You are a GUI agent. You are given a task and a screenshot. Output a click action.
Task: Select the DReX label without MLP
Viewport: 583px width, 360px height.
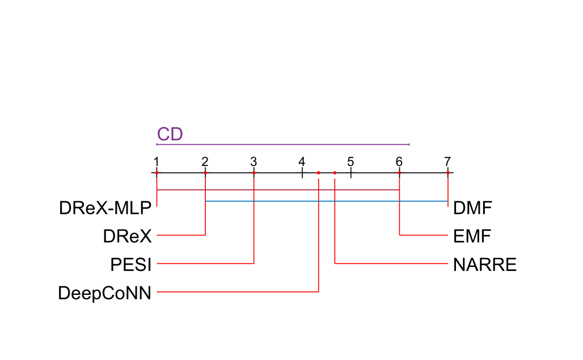click(x=128, y=236)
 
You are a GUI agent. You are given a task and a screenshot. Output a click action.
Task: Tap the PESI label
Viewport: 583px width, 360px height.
click(x=132, y=264)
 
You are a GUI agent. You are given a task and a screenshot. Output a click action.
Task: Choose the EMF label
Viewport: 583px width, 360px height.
click(x=472, y=236)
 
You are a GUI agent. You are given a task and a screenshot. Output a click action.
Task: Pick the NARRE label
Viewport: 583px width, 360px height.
click(x=485, y=264)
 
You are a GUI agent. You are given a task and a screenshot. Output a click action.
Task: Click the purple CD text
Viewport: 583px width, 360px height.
click(x=170, y=134)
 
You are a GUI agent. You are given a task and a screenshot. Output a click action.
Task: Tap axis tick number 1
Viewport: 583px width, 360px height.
click(x=156, y=160)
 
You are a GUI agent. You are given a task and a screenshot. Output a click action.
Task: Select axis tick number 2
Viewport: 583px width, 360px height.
click(x=205, y=160)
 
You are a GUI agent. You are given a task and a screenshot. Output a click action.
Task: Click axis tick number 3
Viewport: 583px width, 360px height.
click(x=254, y=160)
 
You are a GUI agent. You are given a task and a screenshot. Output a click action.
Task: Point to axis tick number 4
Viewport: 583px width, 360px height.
click(x=302, y=160)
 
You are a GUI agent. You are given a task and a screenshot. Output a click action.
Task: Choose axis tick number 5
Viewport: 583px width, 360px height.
click(x=350, y=160)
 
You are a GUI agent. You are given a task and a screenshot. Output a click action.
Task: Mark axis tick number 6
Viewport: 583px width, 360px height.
click(x=399, y=160)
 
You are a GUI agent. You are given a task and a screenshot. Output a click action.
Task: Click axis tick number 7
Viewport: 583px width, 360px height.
click(x=448, y=160)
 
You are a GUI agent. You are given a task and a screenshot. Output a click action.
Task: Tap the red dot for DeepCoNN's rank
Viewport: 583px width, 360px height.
click(x=319, y=172)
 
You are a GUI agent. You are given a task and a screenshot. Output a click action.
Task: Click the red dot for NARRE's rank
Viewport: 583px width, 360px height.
click(x=335, y=172)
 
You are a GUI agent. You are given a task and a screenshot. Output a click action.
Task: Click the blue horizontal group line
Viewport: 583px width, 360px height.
click(x=326, y=201)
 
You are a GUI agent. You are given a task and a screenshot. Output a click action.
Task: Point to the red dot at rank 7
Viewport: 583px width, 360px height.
click(x=448, y=172)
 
